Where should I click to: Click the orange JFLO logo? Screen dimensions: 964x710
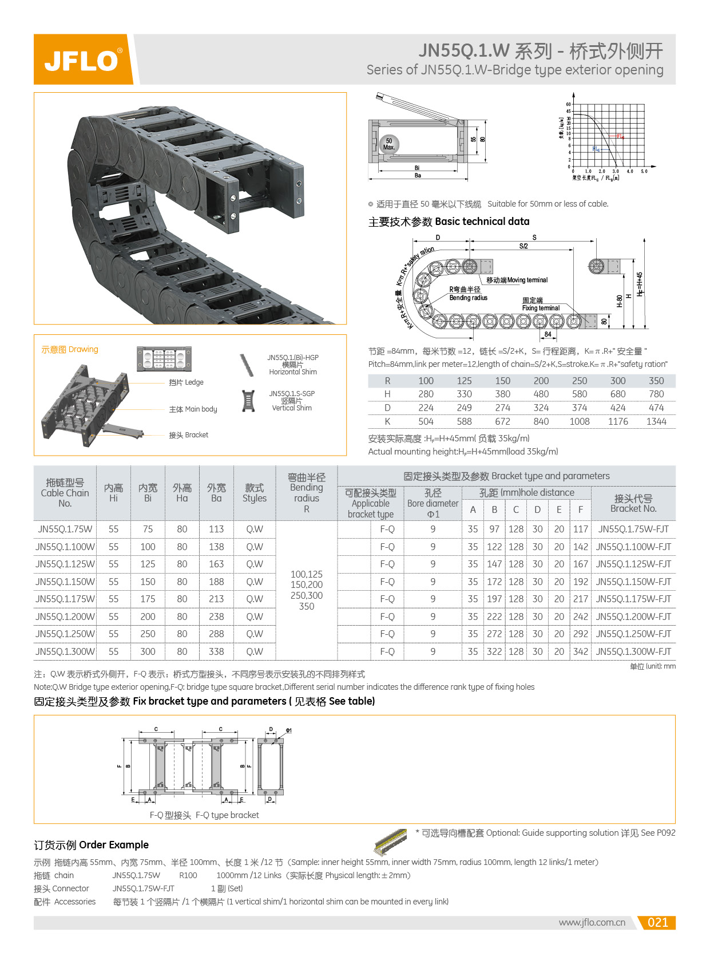pyautogui.click(x=84, y=60)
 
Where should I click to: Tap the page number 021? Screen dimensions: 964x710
pyautogui.click(x=657, y=922)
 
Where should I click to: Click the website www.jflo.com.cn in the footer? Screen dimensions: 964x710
pyautogui.click(x=592, y=922)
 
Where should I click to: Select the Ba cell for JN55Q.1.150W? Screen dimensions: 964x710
pyautogui.click(x=216, y=582)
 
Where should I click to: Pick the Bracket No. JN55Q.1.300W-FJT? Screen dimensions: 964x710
pyautogui.click(x=633, y=651)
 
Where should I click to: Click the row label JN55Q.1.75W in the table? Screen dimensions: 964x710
pyautogui.click(x=65, y=529)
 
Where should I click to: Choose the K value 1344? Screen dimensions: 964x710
pyautogui.click(x=656, y=421)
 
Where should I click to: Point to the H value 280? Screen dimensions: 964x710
pyautogui.click(x=426, y=394)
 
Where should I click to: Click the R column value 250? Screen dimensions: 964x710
pyautogui.click(x=579, y=381)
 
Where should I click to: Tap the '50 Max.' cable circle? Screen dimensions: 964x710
pyautogui.click(x=389, y=144)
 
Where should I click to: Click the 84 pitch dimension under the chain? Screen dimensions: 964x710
pyautogui.click(x=548, y=334)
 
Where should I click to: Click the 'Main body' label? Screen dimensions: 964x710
pyautogui.click(x=193, y=409)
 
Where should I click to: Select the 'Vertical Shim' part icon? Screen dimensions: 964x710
pyautogui.click(x=248, y=401)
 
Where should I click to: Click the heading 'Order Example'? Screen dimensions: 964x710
pyautogui.click(x=91, y=845)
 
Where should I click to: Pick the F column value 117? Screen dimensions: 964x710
pyautogui.click(x=580, y=529)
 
